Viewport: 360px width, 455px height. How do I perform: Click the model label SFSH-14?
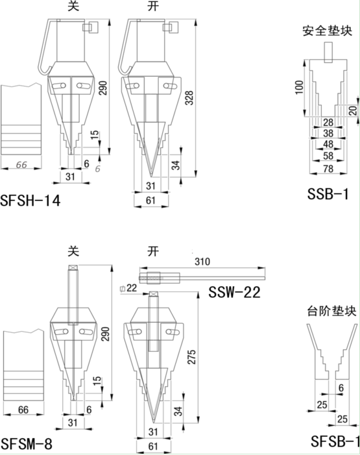click(x=30, y=201)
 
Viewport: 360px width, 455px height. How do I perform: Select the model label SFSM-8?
click(x=27, y=444)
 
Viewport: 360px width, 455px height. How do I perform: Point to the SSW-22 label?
click(x=234, y=292)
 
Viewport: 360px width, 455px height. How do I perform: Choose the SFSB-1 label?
click(x=335, y=442)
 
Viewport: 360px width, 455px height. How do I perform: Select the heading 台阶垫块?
click(x=332, y=312)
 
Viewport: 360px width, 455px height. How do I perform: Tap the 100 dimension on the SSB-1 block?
click(x=299, y=88)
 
